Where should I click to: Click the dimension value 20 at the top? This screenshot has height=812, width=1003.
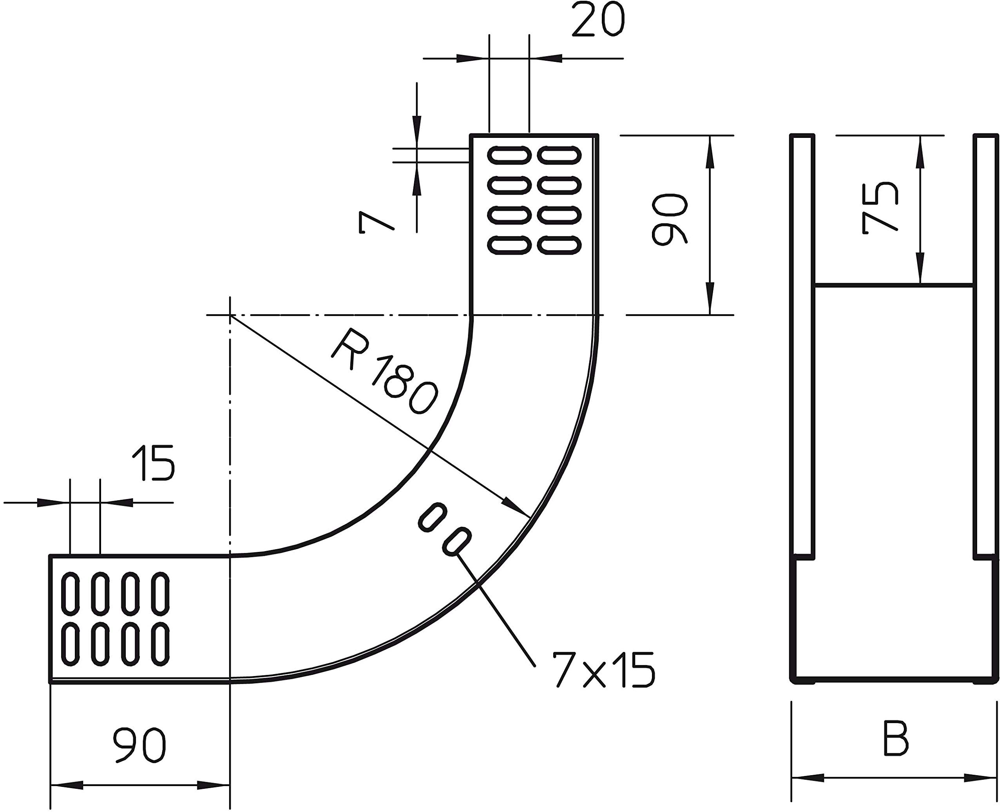coord(598,20)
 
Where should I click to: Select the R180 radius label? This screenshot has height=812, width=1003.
coord(384,372)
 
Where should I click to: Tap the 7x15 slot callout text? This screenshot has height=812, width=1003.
coord(603,670)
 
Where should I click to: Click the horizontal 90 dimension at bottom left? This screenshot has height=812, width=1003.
coord(140,745)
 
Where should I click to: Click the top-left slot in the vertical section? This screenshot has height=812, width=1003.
coord(509,155)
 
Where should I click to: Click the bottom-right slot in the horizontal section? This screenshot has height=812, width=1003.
coord(162,643)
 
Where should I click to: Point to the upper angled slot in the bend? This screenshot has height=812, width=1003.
coord(432,518)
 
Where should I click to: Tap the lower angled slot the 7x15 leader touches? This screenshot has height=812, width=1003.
coord(456,542)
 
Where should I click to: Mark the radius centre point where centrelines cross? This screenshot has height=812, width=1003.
coord(230,315)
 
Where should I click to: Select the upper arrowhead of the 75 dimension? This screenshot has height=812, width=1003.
coord(920,152)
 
